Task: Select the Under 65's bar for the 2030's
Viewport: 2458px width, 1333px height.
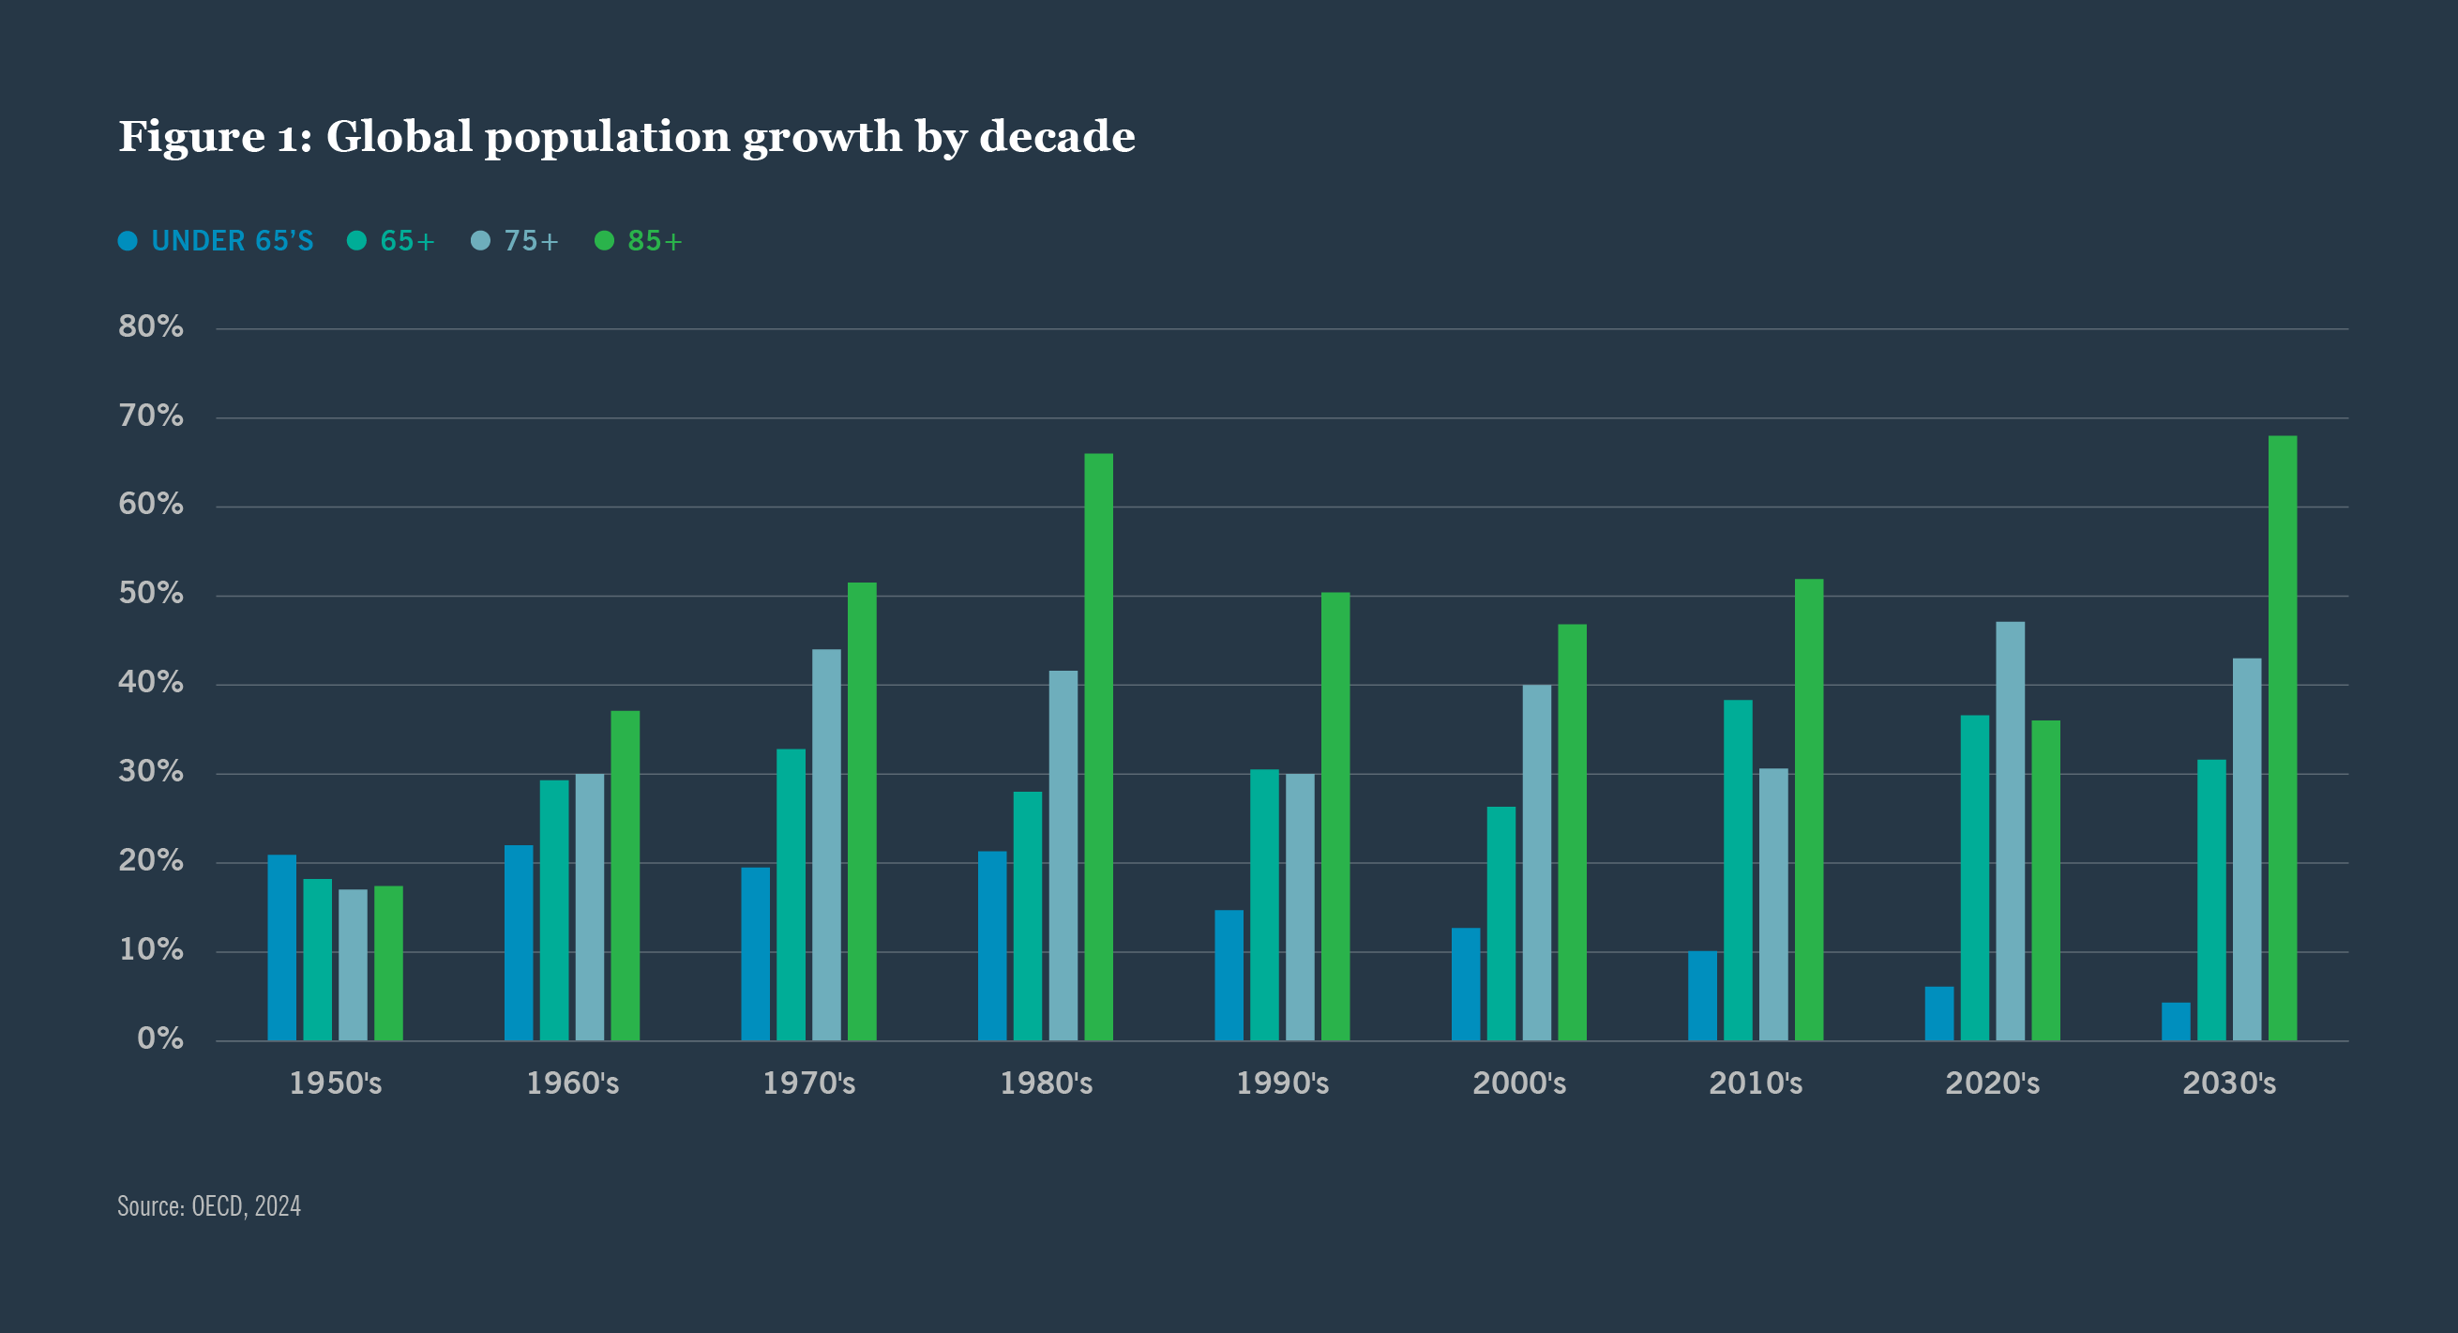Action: [2176, 1021]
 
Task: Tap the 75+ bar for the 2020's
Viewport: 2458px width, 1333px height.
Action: [2010, 831]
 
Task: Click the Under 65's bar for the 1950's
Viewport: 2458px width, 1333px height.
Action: [281, 947]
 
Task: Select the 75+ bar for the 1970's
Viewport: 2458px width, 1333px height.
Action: [826, 844]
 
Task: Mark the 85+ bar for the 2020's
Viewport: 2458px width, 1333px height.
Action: [2044, 880]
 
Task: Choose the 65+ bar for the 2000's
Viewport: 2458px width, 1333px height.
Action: [1500, 924]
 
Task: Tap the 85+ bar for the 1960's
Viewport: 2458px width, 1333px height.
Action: [625, 875]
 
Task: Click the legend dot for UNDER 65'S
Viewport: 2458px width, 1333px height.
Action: [128, 240]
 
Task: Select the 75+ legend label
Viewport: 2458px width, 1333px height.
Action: [531, 240]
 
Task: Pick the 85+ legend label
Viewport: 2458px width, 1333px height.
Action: [655, 240]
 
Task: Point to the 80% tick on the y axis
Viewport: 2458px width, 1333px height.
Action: [151, 326]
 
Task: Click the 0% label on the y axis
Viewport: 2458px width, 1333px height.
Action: [160, 1038]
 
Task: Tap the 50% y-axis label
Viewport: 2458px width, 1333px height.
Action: [151, 594]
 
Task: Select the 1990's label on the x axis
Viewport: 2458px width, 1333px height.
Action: [1281, 1083]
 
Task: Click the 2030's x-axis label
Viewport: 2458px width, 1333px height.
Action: [2228, 1083]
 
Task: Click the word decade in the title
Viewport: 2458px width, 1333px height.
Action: [1056, 136]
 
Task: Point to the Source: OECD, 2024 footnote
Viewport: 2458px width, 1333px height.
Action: [209, 1206]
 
